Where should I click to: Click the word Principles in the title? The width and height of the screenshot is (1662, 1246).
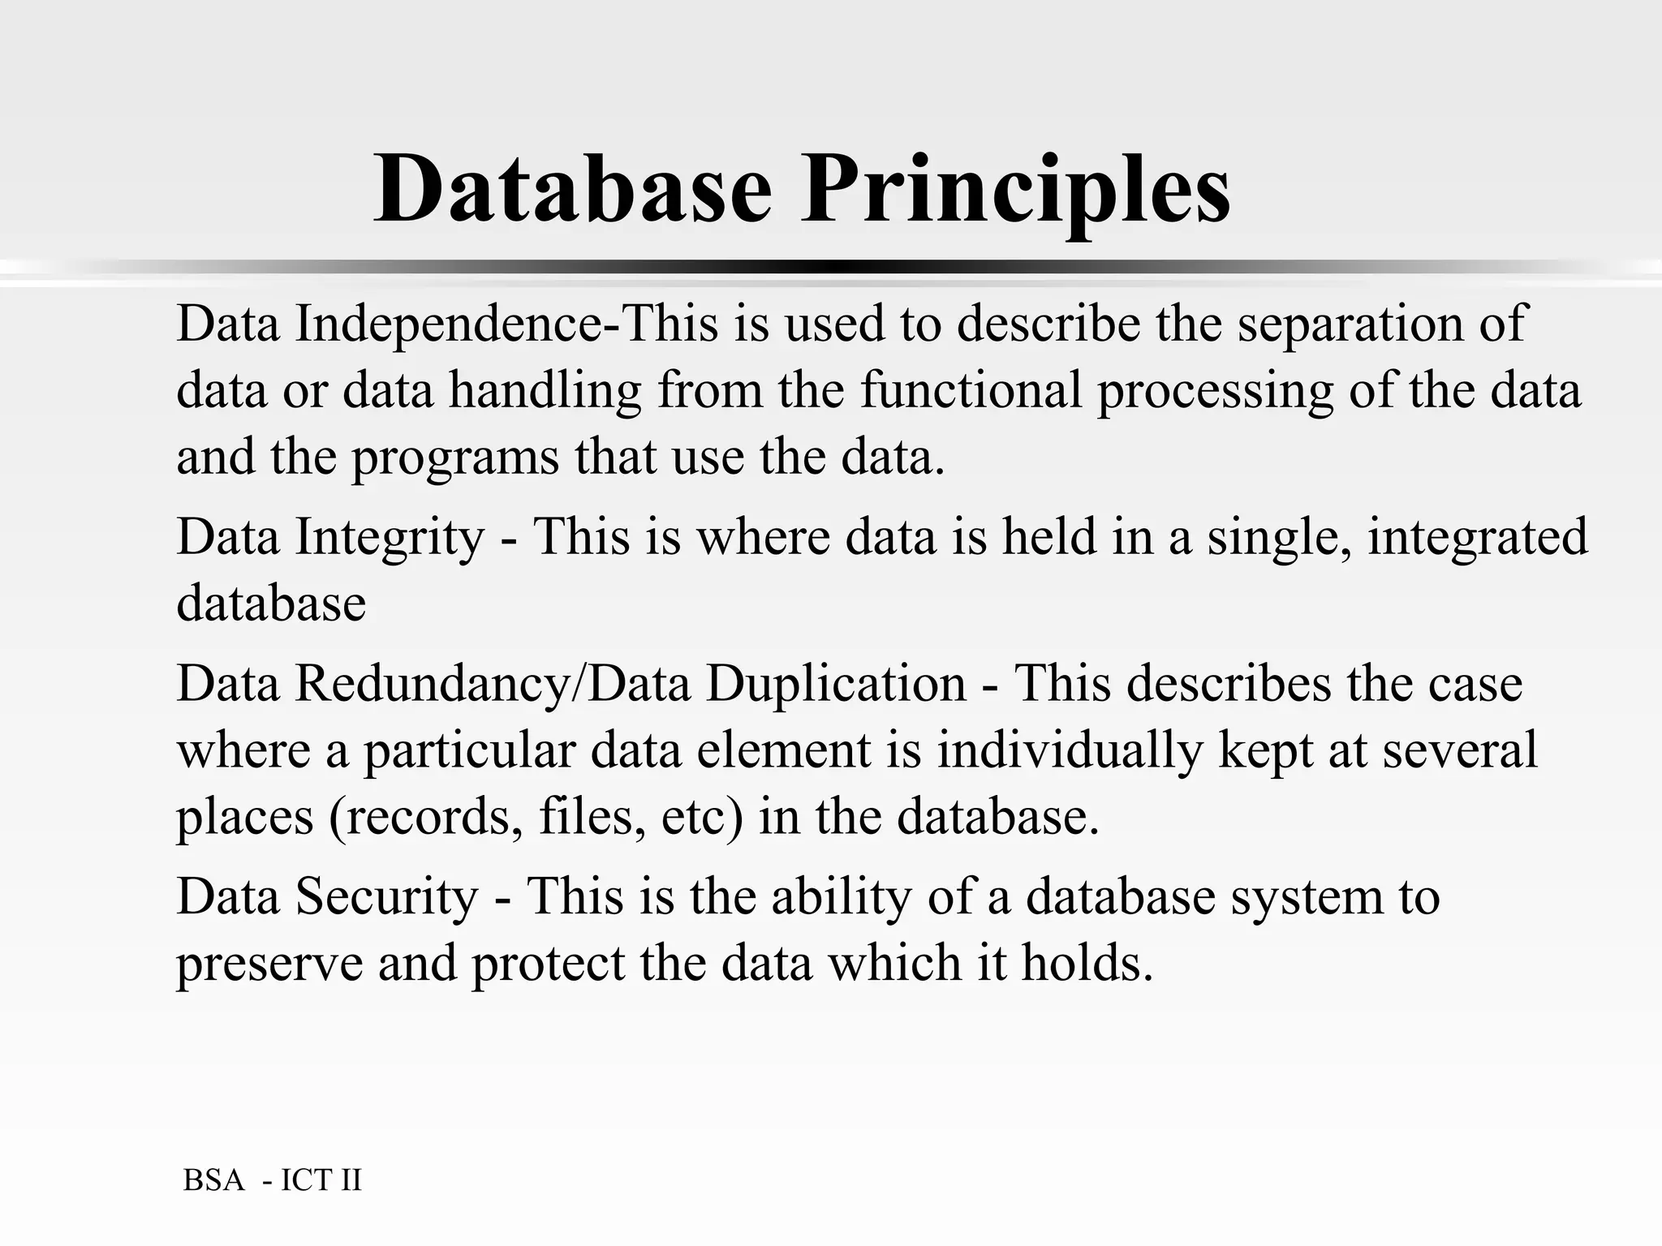pos(1015,191)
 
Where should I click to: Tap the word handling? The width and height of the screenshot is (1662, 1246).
pos(545,390)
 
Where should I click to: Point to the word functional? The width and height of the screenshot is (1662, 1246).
pos(971,389)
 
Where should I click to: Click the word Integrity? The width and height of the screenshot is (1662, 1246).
pos(390,538)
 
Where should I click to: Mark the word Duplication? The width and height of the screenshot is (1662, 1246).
pos(836,683)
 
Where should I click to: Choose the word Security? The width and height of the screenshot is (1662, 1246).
pos(387,896)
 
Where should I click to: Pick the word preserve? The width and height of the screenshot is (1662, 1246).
pos(269,965)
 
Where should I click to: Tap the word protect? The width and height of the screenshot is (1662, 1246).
pos(549,965)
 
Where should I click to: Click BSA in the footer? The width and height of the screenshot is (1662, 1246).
pos(213,1180)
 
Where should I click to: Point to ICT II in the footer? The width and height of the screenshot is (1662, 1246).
pos(321,1180)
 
